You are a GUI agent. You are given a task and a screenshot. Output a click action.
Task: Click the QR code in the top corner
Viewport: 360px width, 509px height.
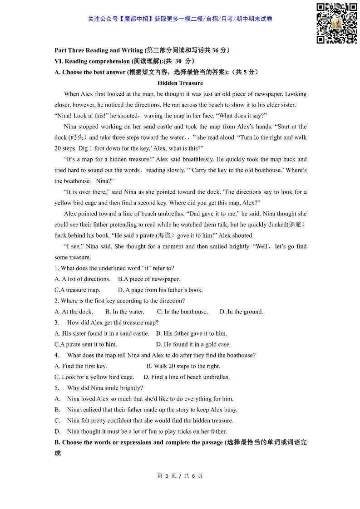pos(336,24)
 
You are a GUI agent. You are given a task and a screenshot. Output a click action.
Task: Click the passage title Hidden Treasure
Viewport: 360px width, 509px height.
pos(180,83)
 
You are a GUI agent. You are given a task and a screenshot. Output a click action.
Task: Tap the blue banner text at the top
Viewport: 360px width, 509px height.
pos(180,19)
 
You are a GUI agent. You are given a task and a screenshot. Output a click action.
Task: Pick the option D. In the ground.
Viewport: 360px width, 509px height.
pos(241,312)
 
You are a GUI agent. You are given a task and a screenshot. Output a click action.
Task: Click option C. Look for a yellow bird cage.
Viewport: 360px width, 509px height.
pos(94,377)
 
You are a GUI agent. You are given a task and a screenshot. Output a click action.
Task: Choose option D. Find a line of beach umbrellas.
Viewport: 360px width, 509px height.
pos(187,377)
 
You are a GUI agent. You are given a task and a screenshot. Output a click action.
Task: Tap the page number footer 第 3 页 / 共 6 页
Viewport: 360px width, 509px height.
pos(180,476)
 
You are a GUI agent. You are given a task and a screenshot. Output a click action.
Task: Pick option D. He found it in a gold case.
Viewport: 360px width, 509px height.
pos(193,344)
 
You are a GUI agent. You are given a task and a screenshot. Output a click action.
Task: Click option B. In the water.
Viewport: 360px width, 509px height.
pos(125,312)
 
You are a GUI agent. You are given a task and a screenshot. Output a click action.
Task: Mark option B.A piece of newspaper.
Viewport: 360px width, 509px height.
pos(149,279)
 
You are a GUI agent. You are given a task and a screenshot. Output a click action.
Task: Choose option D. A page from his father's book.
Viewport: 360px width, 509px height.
pos(160,290)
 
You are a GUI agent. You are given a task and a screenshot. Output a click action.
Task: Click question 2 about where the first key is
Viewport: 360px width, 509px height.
pos(120,301)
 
